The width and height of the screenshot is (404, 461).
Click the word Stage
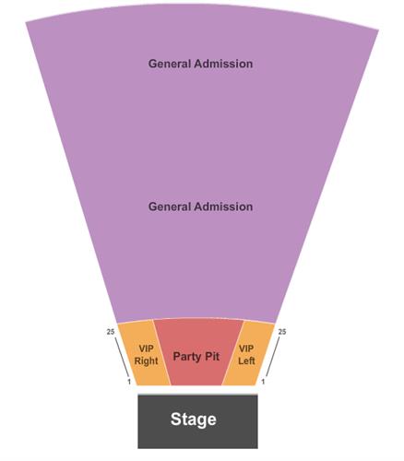click(x=194, y=420)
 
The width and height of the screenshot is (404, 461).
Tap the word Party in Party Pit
click(x=186, y=357)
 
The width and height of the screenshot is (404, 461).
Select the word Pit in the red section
click(x=211, y=356)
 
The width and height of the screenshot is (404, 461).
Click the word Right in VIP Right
click(x=146, y=361)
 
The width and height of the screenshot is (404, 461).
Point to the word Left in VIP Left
click(x=246, y=361)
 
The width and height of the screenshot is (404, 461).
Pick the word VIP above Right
click(x=146, y=349)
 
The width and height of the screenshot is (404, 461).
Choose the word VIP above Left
click(x=246, y=349)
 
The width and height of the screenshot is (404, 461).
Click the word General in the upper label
click(x=170, y=64)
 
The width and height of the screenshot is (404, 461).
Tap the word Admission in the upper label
click(x=223, y=64)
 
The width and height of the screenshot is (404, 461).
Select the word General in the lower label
click(x=170, y=207)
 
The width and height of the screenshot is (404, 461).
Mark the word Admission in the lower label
click(x=223, y=207)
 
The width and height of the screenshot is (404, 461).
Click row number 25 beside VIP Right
click(x=111, y=332)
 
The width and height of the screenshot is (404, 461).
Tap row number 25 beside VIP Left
click(x=282, y=332)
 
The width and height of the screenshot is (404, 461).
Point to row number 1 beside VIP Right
click(x=129, y=382)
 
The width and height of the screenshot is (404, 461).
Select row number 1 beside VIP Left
click(x=263, y=382)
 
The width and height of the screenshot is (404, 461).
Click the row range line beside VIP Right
click(x=122, y=357)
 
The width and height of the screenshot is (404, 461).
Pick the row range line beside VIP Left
click(x=273, y=357)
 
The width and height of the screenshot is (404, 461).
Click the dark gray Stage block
click(x=197, y=421)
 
